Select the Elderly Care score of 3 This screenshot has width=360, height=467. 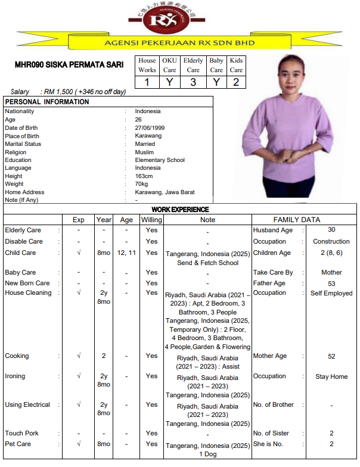coord(193,82)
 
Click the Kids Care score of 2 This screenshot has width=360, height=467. coord(236,82)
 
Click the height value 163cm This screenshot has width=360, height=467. coord(144,176)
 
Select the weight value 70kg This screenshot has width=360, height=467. coord(142,184)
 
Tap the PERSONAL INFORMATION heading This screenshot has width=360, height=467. coord(47,102)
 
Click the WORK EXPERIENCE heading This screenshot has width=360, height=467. coord(180,210)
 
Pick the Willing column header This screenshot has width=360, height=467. coord(151,220)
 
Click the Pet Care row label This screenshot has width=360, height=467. coord(18,444)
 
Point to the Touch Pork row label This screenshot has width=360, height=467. coord(22,433)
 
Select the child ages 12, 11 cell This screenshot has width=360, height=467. coord(126,253)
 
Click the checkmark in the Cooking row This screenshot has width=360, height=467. coord(79,356)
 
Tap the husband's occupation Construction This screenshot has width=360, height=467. coord(331,241)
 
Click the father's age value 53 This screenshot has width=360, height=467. coord(331,284)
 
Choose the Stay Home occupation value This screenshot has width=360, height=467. coord(331,376)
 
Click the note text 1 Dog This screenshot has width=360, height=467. coord(207,454)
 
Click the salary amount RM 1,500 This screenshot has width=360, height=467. coord(58,92)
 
